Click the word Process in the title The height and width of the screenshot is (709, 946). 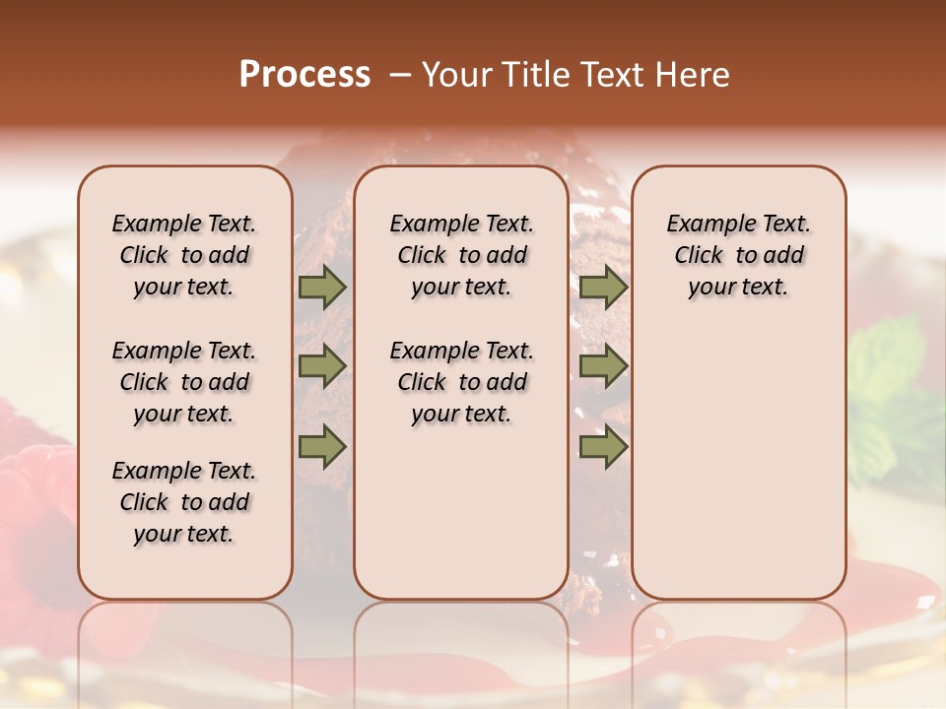304,75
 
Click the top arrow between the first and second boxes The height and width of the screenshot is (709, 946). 322,287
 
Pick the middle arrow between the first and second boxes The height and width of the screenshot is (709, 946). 322,366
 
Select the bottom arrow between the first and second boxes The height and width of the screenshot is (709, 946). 322,447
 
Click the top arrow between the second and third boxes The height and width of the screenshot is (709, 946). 603,287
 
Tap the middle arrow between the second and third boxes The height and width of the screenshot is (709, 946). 603,366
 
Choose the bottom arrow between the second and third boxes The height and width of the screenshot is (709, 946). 603,447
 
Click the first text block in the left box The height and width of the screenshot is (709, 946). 184,255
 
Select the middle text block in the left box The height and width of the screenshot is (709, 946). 184,382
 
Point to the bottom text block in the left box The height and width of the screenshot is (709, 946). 184,502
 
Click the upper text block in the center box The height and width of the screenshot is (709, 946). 461,255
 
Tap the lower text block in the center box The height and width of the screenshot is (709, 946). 461,382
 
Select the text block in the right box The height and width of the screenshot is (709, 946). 738,255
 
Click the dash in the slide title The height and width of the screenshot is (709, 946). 401,76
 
